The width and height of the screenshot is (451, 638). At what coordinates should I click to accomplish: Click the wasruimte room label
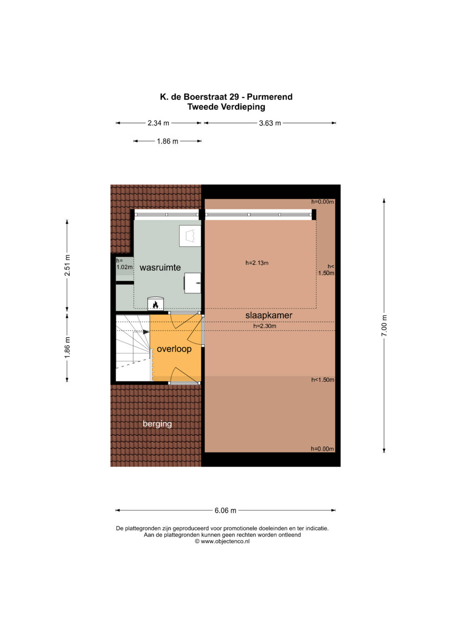pos(160,268)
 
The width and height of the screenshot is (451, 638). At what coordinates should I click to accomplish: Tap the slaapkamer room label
pos(269,315)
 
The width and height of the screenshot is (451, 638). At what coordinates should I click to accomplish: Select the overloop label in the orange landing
pos(174,349)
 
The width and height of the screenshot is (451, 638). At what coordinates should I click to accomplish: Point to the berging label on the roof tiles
pos(157,424)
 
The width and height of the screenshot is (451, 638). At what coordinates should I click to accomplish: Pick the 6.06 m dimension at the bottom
pos(225,510)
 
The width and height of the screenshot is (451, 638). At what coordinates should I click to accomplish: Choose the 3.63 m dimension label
pos(270,123)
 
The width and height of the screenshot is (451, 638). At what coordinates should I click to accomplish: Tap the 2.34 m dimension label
pos(158,123)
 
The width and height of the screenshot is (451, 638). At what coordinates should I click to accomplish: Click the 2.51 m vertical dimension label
pos(67,265)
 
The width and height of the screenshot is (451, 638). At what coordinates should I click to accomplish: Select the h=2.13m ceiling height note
pos(257,263)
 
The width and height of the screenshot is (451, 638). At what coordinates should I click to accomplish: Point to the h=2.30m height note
pos(265,326)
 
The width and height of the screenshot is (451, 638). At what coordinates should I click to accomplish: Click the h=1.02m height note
pos(124,264)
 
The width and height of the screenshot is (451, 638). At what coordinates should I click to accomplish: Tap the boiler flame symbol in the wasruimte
pos(156,305)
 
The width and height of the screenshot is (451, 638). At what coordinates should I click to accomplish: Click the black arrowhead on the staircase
pos(146,332)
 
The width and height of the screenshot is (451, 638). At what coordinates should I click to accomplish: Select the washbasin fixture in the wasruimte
pos(192,283)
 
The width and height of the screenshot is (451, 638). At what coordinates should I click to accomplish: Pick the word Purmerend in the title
pos(270,97)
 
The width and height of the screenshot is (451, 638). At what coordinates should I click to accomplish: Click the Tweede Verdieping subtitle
pos(226,107)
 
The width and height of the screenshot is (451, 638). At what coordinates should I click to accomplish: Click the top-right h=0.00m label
pos(323,202)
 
